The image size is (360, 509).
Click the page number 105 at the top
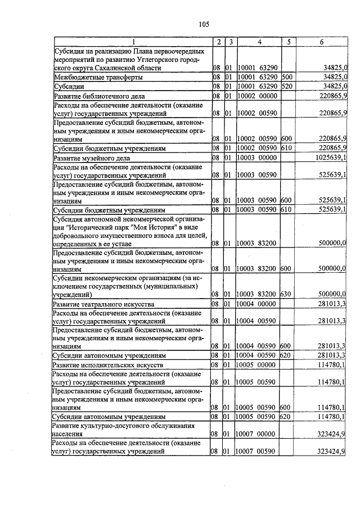pos(203,24)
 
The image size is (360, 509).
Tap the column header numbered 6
pos(321,42)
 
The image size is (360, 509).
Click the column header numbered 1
pos(133,42)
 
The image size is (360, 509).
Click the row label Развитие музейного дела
pos(93,158)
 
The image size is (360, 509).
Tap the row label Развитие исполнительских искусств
pos(107,366)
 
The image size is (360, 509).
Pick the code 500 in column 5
pos(286,77)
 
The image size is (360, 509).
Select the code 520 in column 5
pos(286,86)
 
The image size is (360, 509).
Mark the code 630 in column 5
pos(286,294)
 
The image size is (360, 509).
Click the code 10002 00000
pos(256,96)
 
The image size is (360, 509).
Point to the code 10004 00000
pos(256,304)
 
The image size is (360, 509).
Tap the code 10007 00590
pos(256,451)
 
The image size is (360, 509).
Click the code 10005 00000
pos(256,366)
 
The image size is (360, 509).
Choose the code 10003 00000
pos(256,158)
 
